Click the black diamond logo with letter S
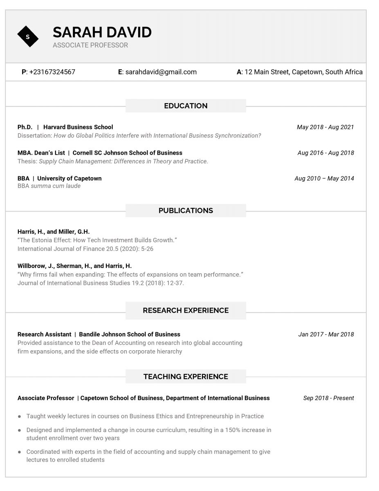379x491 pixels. (28, 37)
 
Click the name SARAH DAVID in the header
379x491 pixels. (102, 32)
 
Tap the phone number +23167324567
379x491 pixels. (52, 72)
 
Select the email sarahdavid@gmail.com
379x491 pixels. (161, 72)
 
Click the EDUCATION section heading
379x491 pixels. (186, 106)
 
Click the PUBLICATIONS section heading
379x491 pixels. (186, 211)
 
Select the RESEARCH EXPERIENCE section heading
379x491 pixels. (186, 311)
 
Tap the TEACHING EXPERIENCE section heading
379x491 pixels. (186, 376)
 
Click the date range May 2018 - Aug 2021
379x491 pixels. (325, 127)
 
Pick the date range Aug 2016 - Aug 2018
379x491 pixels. (325, 153)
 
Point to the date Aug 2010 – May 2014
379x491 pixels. (324, 178)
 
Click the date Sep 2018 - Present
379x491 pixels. (328, 398)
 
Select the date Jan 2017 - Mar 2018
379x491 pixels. (326, 334)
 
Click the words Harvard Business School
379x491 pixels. (78, 127)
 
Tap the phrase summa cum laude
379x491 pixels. (56, 186)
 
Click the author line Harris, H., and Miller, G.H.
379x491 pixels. (54, 232)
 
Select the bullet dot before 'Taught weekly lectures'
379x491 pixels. (19, 417)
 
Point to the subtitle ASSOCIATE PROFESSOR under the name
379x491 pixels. (90, 45)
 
